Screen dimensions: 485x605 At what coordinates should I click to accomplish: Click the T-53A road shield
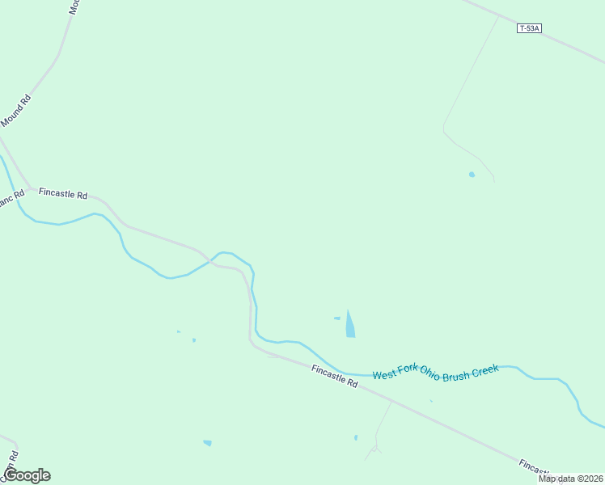click(528, 28)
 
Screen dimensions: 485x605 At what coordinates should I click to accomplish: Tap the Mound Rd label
click(15, 111)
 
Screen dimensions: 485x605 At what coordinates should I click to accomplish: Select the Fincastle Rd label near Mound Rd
click(62, 194)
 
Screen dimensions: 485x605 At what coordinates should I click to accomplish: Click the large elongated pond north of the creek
click(349, 324)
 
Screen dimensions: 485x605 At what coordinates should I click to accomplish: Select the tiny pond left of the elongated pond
click(336, 318)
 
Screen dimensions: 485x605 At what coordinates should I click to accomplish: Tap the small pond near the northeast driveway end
click(472, 175)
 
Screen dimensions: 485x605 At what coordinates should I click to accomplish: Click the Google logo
click(27, 475)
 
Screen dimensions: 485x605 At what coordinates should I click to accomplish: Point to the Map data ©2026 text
click(571, 479)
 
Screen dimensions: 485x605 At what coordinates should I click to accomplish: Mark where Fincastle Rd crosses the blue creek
click(211, 261)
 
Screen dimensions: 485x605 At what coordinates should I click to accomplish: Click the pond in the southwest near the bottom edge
click(208, 443)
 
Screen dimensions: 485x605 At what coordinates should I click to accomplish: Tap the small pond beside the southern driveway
click(356, 438)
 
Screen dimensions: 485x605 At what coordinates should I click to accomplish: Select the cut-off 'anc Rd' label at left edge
click(11, 199)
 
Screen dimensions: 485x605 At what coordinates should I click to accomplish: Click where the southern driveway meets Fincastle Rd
click(392, 399)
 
